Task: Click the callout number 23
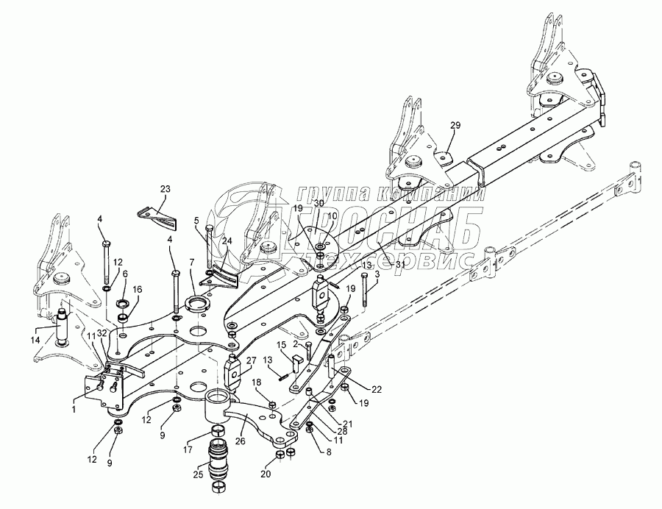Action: pos(163,190)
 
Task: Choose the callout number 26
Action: pos(241,442)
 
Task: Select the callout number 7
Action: pos(191,263)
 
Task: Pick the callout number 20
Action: pos(266,474)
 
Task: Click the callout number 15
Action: pos(282,345)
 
